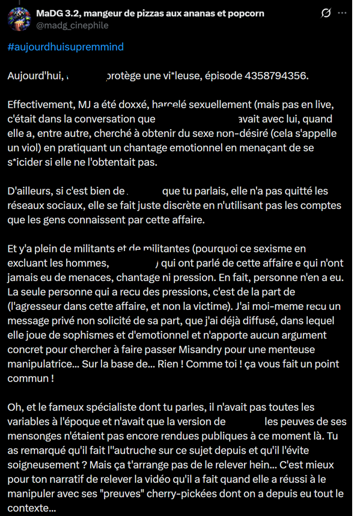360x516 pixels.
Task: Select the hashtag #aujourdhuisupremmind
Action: [66, 47]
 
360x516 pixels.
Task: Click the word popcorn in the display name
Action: [244, 13]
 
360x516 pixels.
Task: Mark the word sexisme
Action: [278, 249]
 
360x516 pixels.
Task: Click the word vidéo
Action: [190, 479]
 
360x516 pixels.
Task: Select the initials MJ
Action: [81, 105]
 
